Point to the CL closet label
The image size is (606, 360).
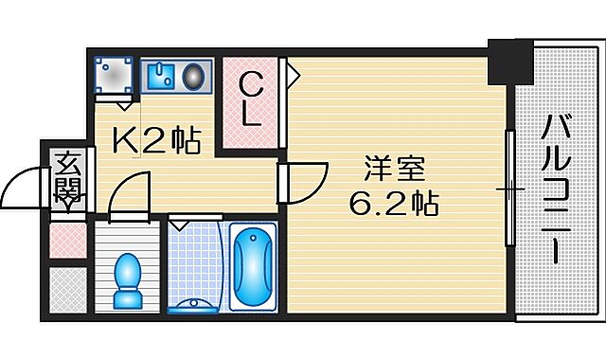[x=250, y=100]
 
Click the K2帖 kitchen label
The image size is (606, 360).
[x=156, y=143]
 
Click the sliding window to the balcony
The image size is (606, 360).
[x=510, y=190]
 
